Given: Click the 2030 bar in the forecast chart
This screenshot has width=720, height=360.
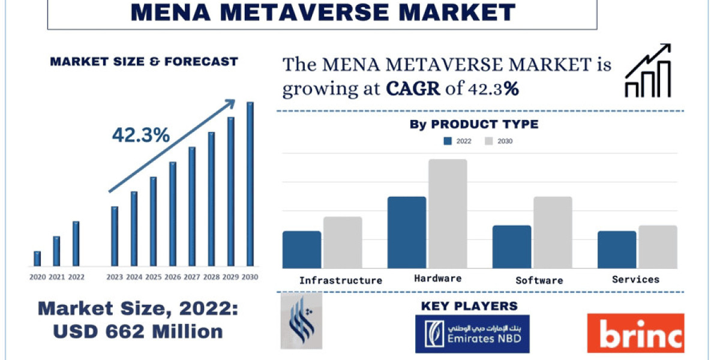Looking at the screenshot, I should pyautogui.click(x=250, y=184).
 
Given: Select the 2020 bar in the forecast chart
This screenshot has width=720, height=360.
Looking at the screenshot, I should pyautogui.click(x=37, y=259).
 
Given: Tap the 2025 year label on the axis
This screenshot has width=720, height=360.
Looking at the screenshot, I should pyautogui.click(x=153, y=277).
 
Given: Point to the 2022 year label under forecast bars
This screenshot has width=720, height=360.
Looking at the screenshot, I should pyautogui.click(x=76, y=277).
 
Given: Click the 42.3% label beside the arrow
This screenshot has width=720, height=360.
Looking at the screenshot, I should pyautogui.click(x=141, y=136).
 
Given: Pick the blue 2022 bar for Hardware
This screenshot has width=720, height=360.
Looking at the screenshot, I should pyautogui.click(x=407, y=232).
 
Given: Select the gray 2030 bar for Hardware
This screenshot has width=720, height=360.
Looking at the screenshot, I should pyautogui.click(x=448, y=214).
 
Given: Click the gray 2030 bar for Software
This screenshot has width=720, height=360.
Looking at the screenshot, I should pyautogui.click(x=553, y=232).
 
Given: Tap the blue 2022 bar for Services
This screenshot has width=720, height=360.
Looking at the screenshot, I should pyautogui.click(x=617, y=250).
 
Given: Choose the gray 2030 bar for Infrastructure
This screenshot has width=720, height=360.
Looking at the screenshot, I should pyautogui.click(x=343, y=242).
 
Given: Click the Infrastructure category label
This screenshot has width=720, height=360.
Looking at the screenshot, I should pyautogui.click(x=341, y=280).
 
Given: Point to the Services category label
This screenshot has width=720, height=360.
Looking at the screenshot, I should pyautogui.click(x=635, y=279).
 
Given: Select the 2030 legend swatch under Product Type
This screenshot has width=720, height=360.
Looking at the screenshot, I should pyautogui.click(x=488, y=142).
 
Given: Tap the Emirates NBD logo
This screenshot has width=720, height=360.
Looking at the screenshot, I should pyautogui.click(x=472, y=333).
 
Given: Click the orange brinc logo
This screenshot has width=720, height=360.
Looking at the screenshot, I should pyautogui.click(x=635, y=333).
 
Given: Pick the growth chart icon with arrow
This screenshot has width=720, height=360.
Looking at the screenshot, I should pyautogui.click(x=648, y=71).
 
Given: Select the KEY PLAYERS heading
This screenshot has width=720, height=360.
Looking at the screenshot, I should pyautogui.click(x=469, y=306).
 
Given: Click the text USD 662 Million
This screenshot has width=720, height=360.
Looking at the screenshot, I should pyautogui.click(x=138, y=331).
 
